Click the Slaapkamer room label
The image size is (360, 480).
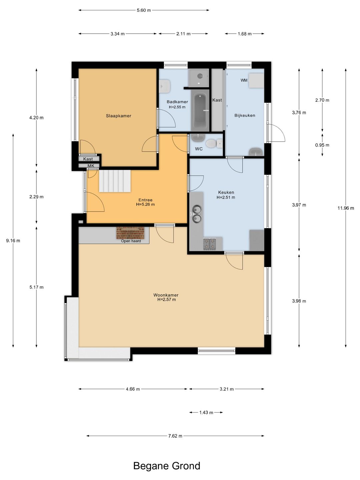pos(118,116)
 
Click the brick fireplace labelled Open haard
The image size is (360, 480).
pos(130,233)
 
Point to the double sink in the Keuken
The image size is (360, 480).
pos(197,214)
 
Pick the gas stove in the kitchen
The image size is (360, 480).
pos(209,244)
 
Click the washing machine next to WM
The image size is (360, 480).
pos(256,80)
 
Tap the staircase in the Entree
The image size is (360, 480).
pos(115,181)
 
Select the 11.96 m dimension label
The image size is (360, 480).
pos(346,208)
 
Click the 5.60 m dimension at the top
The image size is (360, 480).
pos(144,10)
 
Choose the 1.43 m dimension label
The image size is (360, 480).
pos(206,412)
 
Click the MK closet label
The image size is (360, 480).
pos(91,166)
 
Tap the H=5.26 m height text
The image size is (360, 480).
pos(145,204)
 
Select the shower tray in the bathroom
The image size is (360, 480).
pos(199,77)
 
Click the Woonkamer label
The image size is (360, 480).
pos(166,295)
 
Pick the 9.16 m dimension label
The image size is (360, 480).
pos(13,241)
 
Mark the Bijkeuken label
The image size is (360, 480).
pos(245,115)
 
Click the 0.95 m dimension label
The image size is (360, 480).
pos(322,145)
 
